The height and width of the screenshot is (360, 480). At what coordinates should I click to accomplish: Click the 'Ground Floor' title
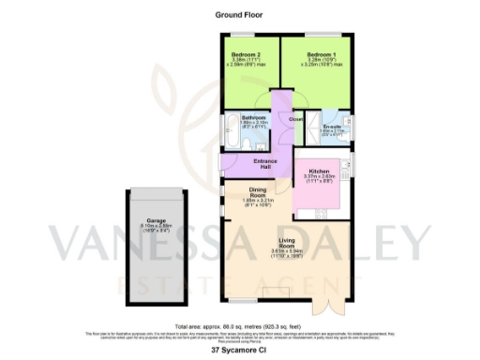(240, 16)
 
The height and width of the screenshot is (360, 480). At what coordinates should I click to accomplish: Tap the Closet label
(295, 119)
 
